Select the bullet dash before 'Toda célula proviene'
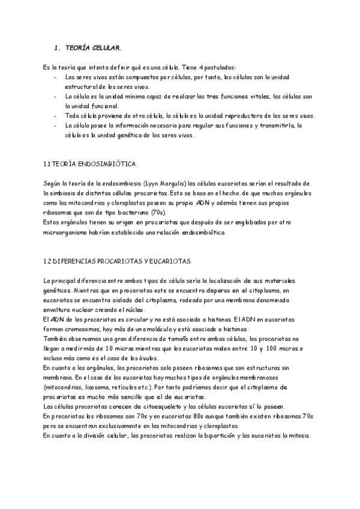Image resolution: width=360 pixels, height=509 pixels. click(x=55, y=116)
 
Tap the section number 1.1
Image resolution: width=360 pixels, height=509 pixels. click(x=48, y=164)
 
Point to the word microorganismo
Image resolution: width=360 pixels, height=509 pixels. click(x=67, y=232)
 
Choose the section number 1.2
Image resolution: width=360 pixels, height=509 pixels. click(x=48, y=261)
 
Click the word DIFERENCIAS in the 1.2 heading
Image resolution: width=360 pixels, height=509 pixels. click(x=79, y=261)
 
